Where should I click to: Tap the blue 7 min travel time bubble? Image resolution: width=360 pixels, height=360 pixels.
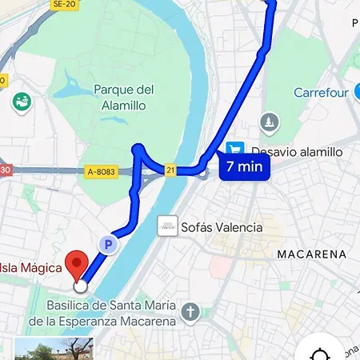pyautogui.click(x=243, y=167)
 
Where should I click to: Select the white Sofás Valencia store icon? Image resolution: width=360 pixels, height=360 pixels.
pyautogui.click(x=167, y=226)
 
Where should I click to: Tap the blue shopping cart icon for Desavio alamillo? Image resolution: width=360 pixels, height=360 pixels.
pyautogui.click(x=235, y=150)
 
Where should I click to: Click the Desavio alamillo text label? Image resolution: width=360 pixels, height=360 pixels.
pyautogui.click(x=296, y=151)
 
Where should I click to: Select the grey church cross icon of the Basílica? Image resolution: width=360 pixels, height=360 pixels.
pyautogui.click(x=190, y=312)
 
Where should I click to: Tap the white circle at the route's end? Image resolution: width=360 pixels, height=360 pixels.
pyautogui.click(x=80, y=286)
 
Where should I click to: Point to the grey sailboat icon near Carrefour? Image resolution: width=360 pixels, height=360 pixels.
pyautogui.click(x=270, y=122)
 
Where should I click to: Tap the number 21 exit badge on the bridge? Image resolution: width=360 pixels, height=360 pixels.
pyautogui.click(x=170, y=170)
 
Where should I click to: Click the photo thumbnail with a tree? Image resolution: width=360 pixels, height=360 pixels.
pyautogui.click(x=54, y=349)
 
